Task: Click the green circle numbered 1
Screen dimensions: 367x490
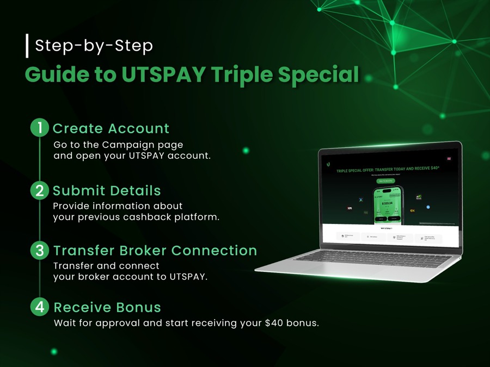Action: (x=40, y=128)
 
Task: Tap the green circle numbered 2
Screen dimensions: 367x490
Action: (x=40, y=191)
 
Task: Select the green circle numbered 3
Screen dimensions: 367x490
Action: (x=40, y=251)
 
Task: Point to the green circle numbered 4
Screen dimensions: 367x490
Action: (x=40, y=307)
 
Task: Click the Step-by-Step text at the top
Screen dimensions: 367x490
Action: (x=94, y=46)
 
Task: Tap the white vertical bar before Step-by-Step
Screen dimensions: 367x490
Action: (x=27, y=46)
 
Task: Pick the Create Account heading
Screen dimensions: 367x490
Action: (x=111, y=129)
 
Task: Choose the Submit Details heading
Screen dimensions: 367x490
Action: (x=107, y=191)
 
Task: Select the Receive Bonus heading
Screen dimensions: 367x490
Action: (x=107, y=307)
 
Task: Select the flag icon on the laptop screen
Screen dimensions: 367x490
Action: (x=449, y=159)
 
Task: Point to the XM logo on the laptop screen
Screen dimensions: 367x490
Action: (x=349, y=208)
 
